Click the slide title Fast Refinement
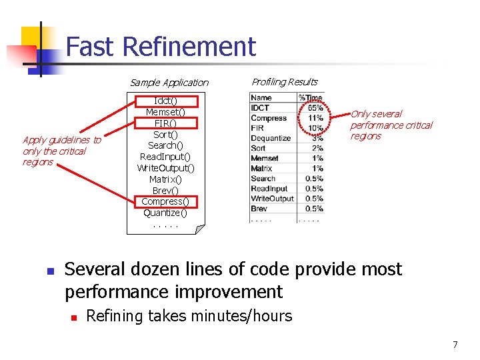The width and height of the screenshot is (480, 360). (x=161, y=47)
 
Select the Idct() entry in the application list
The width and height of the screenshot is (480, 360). (x=165, y=101)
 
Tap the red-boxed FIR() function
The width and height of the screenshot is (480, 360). (x=165, y=123)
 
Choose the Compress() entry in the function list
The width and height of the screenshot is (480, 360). (x=165, y=201)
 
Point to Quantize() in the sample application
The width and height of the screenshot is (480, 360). (x=165, y=213)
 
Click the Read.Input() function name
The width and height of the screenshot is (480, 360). (x=165, y=157)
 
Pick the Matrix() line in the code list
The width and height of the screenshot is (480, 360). (x=165, y=179)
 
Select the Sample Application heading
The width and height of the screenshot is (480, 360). (x=169, y=83)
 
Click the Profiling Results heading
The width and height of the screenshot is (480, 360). (x=284, y=82)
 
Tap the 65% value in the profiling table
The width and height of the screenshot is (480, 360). (x=315, y=108)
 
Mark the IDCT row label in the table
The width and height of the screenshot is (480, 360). (x=260, y=108)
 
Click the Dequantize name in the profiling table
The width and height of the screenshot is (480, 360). (x=271, y=138)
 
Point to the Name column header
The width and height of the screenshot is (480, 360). (x=261, y=98)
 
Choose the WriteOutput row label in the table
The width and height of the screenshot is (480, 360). (x=272, y=198)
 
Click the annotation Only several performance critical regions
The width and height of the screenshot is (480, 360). (x=391, y=125)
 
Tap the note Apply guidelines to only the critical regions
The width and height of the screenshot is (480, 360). (x=61, y=151)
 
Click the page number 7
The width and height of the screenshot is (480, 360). (x=455, y=345)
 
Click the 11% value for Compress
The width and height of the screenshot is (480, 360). (x=315, y=118)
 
